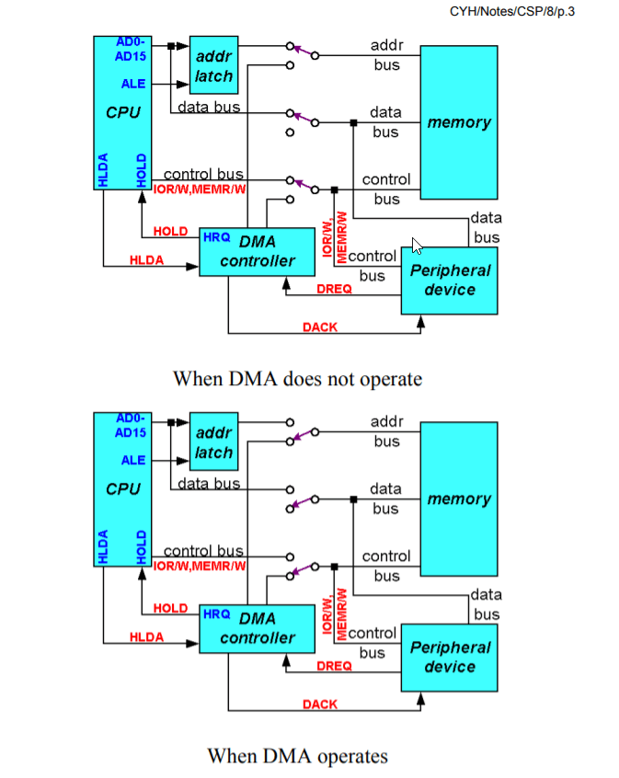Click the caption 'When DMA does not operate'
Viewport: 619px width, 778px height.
(297, 378)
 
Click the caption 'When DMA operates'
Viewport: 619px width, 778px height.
(297, 756)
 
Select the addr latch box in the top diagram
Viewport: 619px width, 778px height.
(213, 65)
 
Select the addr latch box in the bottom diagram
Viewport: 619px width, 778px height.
(213, 442)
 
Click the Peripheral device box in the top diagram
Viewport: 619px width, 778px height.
(449, 280)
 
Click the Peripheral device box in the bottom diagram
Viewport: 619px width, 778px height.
(449, 657)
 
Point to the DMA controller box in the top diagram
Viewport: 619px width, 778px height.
(258, 251)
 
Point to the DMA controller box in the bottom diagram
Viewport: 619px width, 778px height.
(258, 628)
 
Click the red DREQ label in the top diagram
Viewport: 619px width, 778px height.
(334, 290)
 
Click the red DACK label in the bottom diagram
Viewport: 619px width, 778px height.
(319, 704)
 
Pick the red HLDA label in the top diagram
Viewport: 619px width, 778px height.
(146, 260)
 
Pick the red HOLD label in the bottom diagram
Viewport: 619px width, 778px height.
(170, 608)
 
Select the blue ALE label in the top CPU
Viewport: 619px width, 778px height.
(133, 84)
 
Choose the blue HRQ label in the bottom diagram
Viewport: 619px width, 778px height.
(216, 613)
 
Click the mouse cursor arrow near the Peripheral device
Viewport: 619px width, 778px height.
(417, 246)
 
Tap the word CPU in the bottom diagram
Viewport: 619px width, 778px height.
(123, 489)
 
